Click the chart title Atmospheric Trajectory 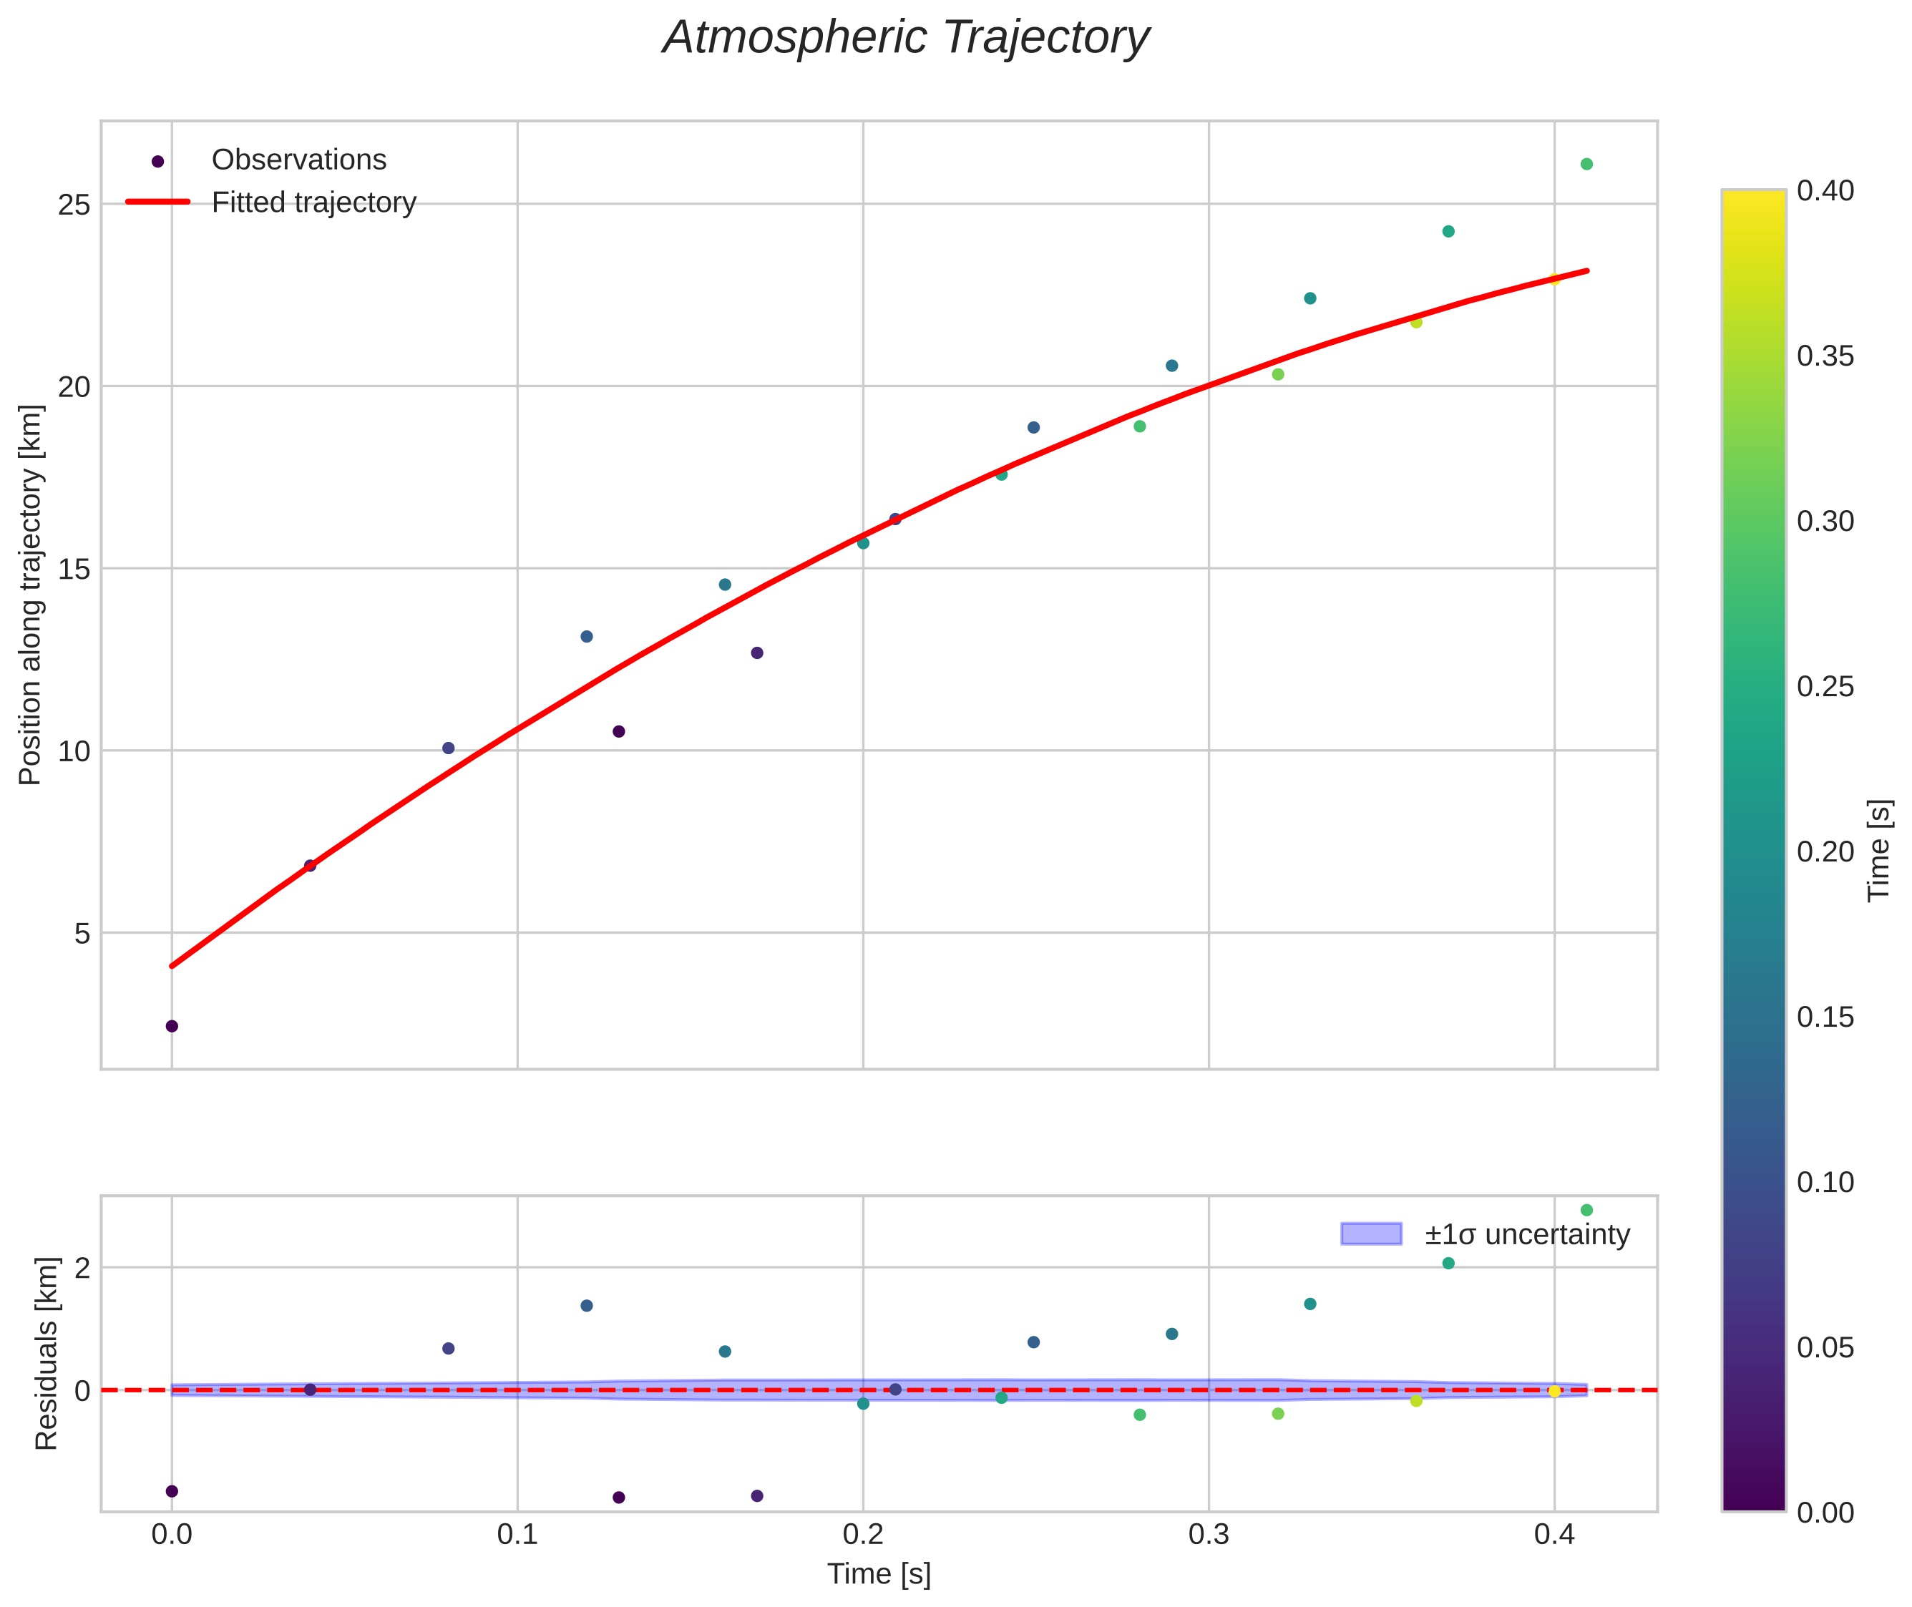905,38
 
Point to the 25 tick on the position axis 74,205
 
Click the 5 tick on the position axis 83,934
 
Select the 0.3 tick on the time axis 1208,1535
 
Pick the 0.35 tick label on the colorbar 1825,356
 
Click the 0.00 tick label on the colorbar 1825,1513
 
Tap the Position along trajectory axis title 31,594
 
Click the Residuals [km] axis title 46,1353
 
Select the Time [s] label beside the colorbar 1878,851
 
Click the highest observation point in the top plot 1586,164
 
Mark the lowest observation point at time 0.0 171,1026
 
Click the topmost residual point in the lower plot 1586,1210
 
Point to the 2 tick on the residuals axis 82,1268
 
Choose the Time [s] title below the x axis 878,1574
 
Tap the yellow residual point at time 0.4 1554,1391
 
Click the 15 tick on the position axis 74,570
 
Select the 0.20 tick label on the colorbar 1825,851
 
